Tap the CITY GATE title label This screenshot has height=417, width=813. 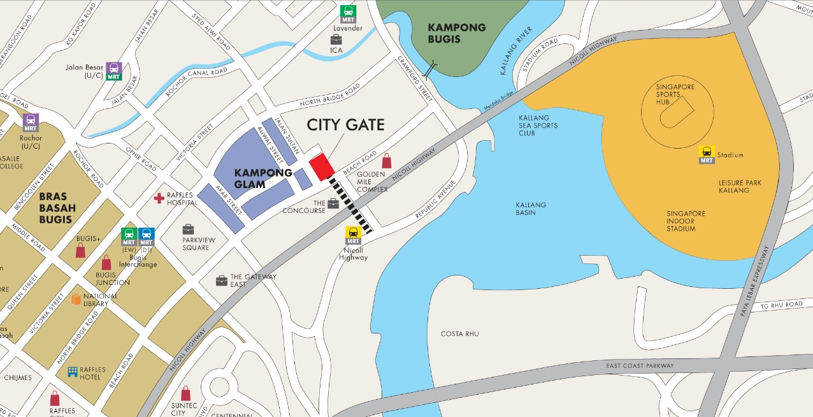point(345,124)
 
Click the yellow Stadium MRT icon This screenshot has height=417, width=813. point(707,154)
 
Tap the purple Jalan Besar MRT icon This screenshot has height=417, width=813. point(114,71)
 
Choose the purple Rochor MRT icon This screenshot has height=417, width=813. point(31,122)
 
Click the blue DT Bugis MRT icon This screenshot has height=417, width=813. point(146,237)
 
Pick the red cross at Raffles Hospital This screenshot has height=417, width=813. point(159,198)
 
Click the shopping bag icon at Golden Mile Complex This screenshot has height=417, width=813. point(387,161)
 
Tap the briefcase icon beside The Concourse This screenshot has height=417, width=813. point(333,204)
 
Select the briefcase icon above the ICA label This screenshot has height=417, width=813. point(336,40)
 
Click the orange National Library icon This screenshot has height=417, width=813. point(76,299)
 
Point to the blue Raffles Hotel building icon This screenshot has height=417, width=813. point(73,371)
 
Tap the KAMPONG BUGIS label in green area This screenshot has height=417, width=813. point(457,33)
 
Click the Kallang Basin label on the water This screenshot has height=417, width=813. point(531,208)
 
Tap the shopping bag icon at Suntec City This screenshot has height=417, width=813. point(185,393)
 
